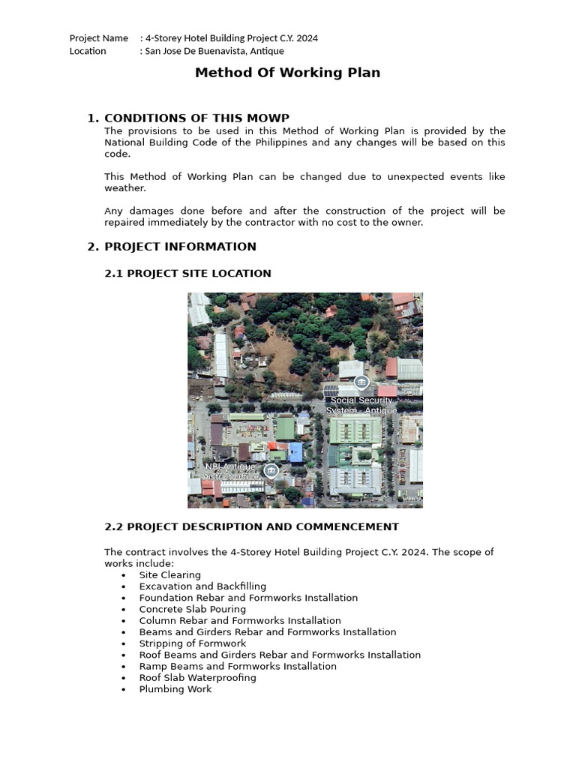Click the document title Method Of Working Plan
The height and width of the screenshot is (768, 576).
click(x=287, y=73)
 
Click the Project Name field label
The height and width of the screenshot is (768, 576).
click(x=98, y=38)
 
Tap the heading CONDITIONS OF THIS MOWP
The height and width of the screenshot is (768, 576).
click(x=196, y=118)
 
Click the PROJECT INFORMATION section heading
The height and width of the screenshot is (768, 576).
click(x=180, y=247)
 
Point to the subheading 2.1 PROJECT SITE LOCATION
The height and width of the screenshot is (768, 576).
click(x=187, y=274)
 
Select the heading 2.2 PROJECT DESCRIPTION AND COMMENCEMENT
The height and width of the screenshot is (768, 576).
click(x=251, y=527)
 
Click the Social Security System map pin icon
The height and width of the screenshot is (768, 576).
click(x=361, y=383)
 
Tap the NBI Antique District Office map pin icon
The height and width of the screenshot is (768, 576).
click(x=271, y=470)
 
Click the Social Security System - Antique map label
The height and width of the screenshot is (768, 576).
click(x=361, y=406)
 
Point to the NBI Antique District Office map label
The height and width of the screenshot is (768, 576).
click(x=232, y=471)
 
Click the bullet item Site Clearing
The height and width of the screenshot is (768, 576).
click(x=169, y=575)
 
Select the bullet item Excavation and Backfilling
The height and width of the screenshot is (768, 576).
click(x=202, y=586)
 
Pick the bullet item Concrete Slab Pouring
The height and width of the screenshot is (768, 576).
click(x=192, y=610)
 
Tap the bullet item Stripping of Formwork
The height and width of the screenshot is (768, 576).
click(x=192, y=643)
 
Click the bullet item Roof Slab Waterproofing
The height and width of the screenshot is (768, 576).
click(x=197, y=678)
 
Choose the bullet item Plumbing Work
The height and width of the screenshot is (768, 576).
click(x=175, y=689)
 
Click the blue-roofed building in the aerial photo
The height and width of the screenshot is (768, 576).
click(x=295, y=451)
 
